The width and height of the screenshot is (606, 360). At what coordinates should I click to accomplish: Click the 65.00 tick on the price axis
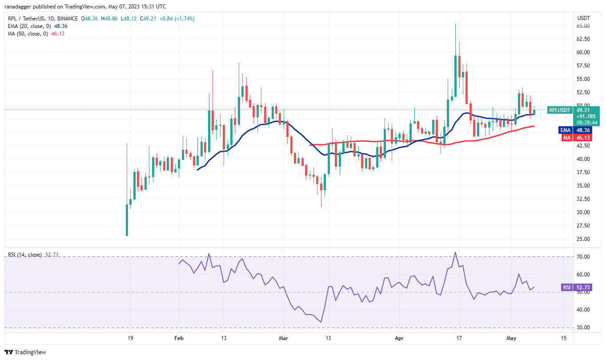click(583, 26)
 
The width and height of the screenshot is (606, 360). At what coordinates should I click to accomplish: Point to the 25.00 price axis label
click(583, 239)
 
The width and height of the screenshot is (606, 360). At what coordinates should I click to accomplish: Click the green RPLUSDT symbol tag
click(559, 110)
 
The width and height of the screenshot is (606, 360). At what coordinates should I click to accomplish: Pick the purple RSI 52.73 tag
click(566, 288)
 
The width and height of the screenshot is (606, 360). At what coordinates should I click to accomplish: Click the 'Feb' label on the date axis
click(179, 338)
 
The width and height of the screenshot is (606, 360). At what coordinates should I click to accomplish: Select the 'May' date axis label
click(511, 338)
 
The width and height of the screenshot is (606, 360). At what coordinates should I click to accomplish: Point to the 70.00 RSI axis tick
click(583, 257)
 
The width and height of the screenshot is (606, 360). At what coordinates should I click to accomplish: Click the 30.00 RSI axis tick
click(583, 328)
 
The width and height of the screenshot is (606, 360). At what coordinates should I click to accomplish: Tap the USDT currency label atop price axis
click(583, 18)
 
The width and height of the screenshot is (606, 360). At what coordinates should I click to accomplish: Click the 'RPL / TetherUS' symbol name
click(28, 19)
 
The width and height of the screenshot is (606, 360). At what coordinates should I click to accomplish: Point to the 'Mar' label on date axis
click(283, 338)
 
